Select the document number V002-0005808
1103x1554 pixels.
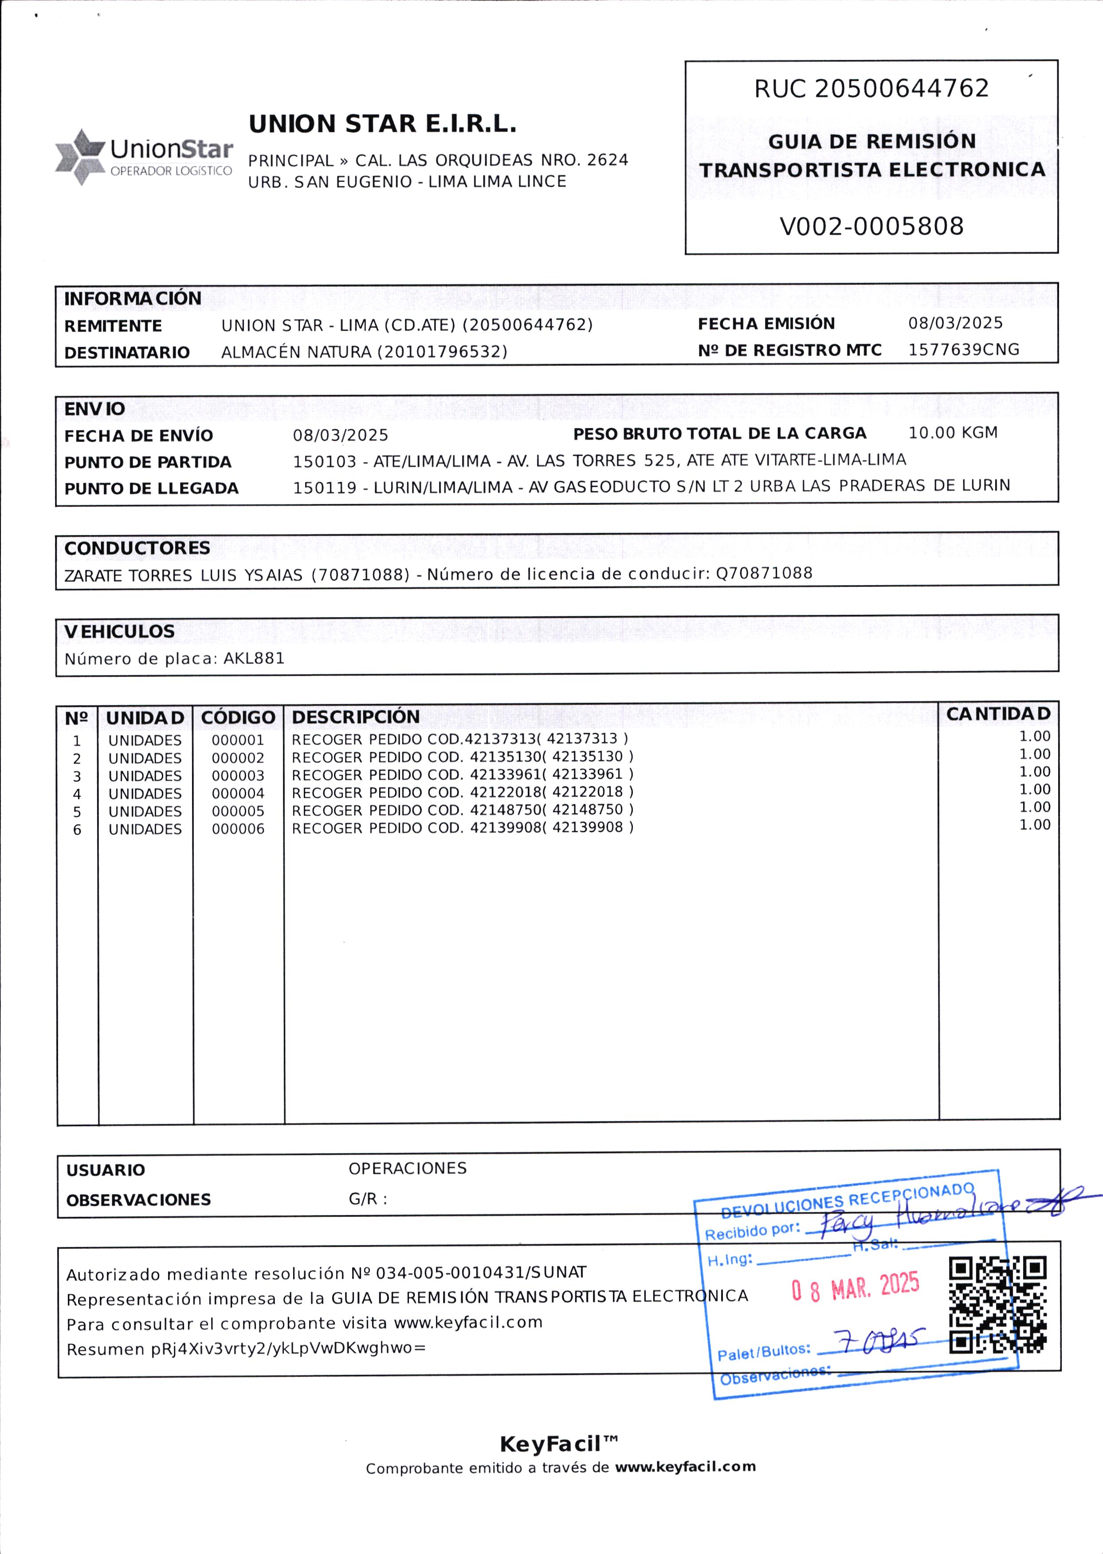871,226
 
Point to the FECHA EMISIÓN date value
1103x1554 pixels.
955,323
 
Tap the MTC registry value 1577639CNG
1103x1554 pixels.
963,350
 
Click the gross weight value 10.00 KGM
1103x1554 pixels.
953,433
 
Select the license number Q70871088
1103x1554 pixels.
764,573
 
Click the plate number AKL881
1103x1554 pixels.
254,658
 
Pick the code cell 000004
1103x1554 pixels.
238,793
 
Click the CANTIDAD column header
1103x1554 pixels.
998,714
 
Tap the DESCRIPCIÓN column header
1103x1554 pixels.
356,716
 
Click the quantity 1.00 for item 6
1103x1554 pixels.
1034,825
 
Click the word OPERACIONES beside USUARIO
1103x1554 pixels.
408,1168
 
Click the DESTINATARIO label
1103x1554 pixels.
127,353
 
